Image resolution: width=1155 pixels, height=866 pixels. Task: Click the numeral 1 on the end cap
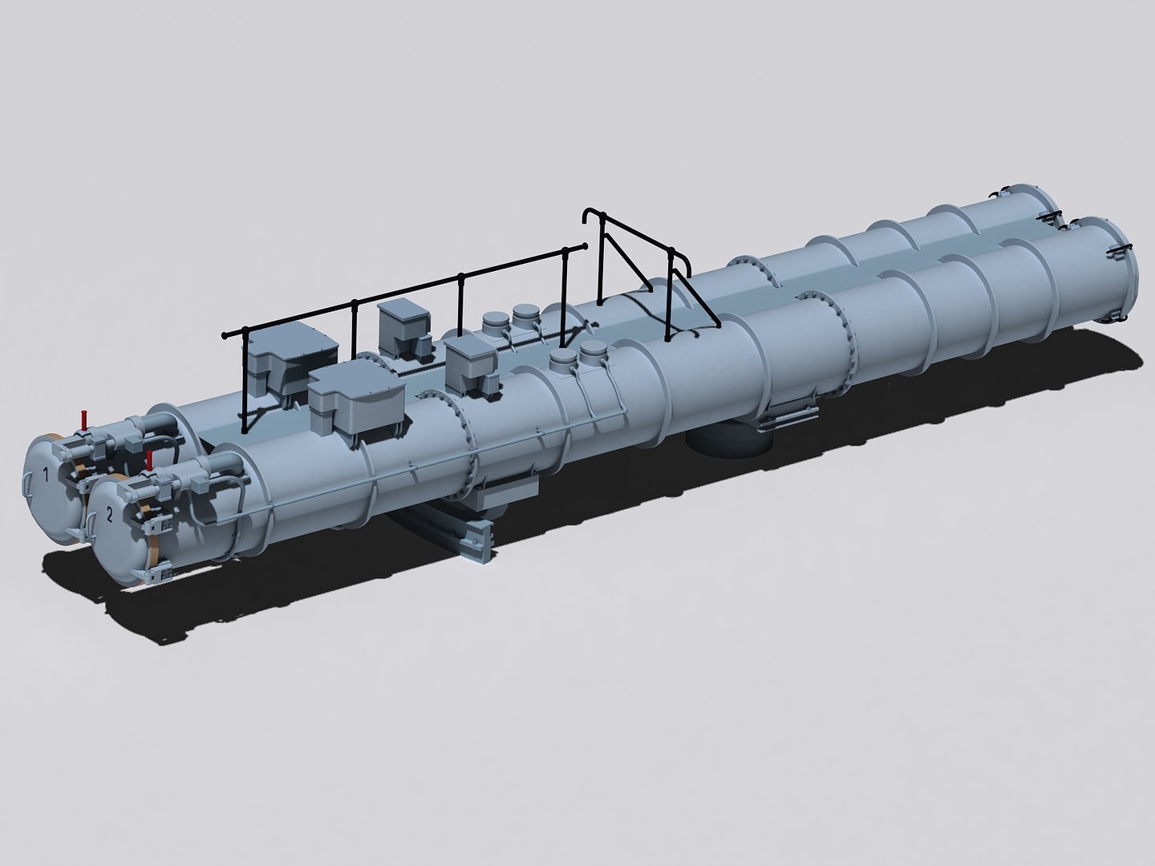tap(46, 476)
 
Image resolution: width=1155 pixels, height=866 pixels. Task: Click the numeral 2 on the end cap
tap(110, 516)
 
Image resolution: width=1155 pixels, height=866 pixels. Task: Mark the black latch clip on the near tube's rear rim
tap(1117, 254)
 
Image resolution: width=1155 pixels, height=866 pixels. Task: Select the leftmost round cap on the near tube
tap(565, 359)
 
